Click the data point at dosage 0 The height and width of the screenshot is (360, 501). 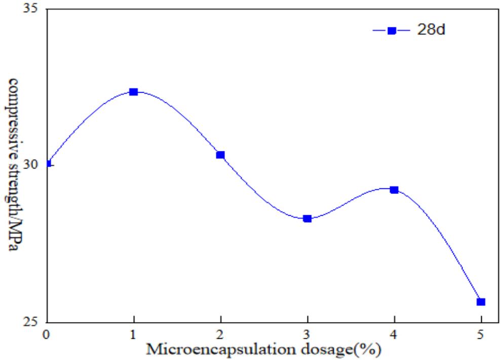click(48, 164)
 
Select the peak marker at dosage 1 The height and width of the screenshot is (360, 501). click(133, 92)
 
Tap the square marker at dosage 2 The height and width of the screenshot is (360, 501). click(220, 155)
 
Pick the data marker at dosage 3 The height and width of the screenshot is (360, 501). click(307, 218)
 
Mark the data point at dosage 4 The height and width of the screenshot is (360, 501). click(394, 189)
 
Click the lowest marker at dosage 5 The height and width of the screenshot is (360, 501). click(481, 302)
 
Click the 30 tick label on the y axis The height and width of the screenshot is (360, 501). click(34, 166)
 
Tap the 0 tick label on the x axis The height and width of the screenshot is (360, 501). click(47, 334)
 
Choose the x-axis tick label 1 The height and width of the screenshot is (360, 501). click(134, 334)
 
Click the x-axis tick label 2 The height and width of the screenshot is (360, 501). click(220, 334)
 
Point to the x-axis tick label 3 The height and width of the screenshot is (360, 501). click(307, 334)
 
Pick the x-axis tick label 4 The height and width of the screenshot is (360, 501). click(394, 334)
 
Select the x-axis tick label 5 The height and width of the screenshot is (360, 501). click(481, 334)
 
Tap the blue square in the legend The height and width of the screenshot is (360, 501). click(391, 30)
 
